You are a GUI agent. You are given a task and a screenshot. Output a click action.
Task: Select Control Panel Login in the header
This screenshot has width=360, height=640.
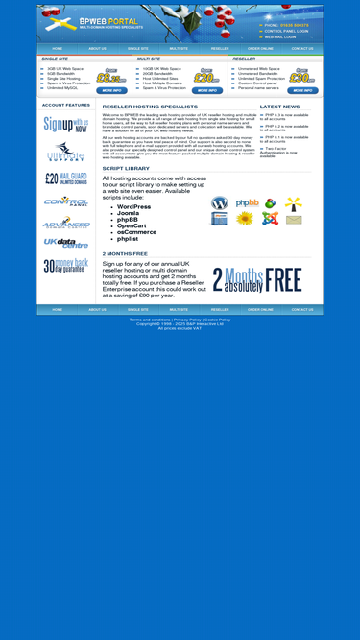286,31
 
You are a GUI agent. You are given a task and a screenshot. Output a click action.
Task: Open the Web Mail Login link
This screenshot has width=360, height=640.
280,36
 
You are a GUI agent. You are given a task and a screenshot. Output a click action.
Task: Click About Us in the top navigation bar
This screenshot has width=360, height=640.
98,48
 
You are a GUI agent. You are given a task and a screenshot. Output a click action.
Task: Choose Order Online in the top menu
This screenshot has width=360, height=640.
260,48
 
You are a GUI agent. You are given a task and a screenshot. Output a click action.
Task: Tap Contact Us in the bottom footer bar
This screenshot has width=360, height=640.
302,310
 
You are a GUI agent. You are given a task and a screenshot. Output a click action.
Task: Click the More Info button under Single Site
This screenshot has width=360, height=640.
111,90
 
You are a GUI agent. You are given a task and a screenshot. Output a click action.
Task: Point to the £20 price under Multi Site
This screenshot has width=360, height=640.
206,79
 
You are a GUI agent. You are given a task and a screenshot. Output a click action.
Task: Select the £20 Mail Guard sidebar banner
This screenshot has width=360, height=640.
66,178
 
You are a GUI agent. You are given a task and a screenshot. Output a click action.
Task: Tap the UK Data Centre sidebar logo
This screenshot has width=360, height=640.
66,243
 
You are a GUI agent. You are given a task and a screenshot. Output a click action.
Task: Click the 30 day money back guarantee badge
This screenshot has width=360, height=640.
66,266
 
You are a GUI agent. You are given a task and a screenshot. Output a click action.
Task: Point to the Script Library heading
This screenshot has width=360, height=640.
126,168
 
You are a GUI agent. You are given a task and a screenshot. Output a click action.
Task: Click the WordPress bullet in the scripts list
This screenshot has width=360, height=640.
133,207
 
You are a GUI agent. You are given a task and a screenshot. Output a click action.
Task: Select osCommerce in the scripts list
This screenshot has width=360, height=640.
136,231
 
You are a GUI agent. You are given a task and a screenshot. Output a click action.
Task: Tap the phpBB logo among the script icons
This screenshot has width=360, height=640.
247,203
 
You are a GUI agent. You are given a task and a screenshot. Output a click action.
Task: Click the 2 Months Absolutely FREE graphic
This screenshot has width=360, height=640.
257,279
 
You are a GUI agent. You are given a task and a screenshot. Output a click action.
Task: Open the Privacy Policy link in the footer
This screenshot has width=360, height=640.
187,320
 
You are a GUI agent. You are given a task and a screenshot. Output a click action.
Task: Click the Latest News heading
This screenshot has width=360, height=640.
279,107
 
